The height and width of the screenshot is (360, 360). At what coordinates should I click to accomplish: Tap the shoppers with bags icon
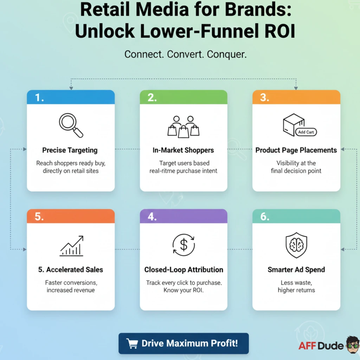tap(184, 126)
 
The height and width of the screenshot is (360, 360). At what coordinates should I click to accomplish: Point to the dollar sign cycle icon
tap(184, 245)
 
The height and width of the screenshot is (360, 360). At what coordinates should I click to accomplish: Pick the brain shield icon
tap(296, 245)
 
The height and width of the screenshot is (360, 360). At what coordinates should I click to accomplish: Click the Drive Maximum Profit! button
tap(184, 343)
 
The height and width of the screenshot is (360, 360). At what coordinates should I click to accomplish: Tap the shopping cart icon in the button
tap(132, 343)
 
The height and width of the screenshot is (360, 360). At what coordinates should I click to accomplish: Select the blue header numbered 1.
tap(71, 97)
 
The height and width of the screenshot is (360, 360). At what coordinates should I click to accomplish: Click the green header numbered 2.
tap(184, 97)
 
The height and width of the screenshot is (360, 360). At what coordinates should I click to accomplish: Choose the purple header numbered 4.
tap(184, 216)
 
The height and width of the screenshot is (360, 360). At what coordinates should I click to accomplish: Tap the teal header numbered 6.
tap(296, 216)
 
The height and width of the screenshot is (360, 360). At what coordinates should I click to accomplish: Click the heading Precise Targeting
tap(70, 150)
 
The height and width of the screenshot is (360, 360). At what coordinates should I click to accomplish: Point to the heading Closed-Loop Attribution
tap(184, 270)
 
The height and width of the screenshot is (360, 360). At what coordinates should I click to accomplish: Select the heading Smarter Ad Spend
tap(296, 270)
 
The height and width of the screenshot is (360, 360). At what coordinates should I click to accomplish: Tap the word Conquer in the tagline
tap(226, 54)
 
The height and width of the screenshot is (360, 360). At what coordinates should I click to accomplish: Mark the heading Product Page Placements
tap(296, 150)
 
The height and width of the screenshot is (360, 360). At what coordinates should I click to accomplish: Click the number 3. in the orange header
tap(265, 97)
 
